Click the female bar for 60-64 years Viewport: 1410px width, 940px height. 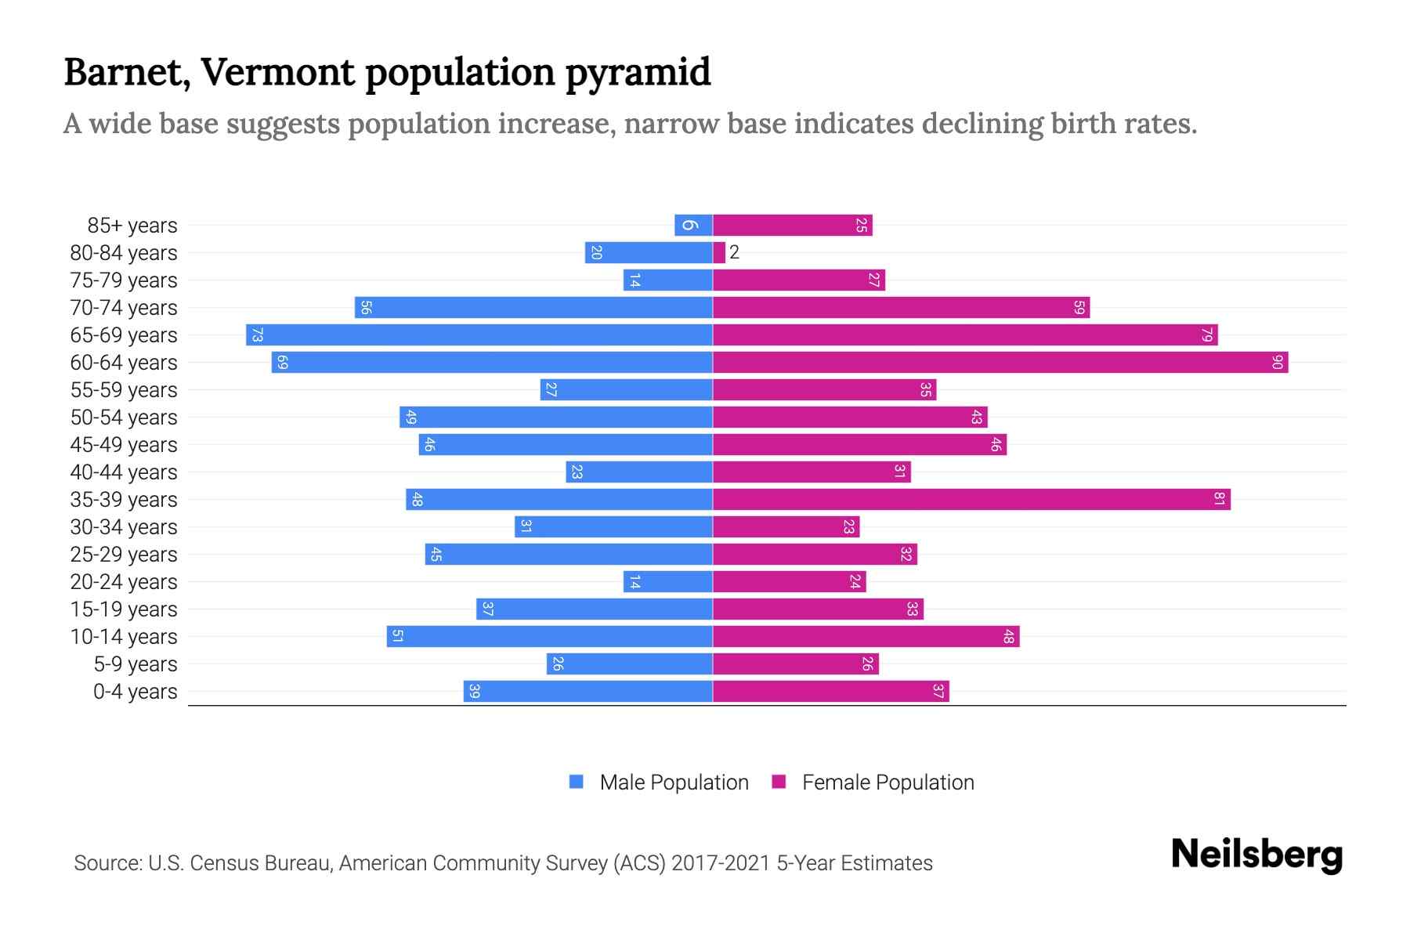pyautogui.click(x=1000, y=363)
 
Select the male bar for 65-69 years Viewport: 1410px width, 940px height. pyautogui.click(x=479, y=335)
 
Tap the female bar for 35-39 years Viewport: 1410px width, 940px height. pyautogui.click(x=971, y=500)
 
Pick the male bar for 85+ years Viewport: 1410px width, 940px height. pyautogui.click(x=693, y=226)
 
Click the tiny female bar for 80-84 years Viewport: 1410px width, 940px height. pyautogui.click(x=719, y=253)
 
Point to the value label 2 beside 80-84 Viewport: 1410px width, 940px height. pyautogui.click(x=735, y=252)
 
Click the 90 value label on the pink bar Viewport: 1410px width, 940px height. pyautogui.click(x=1278, y=363)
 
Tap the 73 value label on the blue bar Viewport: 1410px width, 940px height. pyautogui.click(x=257, y=335)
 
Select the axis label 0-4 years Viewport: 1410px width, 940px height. pyautogui.click(x=135, y=692)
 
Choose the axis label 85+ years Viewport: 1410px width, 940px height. pyautogui.click(x=132, y=226)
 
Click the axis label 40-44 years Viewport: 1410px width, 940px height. pyautogui.click(x=124, y=472)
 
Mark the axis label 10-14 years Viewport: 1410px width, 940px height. pyautogui.click(x=124, y=637)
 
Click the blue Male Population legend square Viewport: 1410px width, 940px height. pyautogui.click(x=577, y=782)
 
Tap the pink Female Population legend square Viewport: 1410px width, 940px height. pyautogui.click(x=779, y=782)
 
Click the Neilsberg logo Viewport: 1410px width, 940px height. pyautogui.click(x=1256, y=855)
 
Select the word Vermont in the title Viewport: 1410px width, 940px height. pyautogui.click(x=278, y=72)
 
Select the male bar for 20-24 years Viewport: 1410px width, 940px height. pyautogui.click(x=667, y=582)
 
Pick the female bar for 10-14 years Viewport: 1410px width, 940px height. pyautogui.click(x=866, y=637)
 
